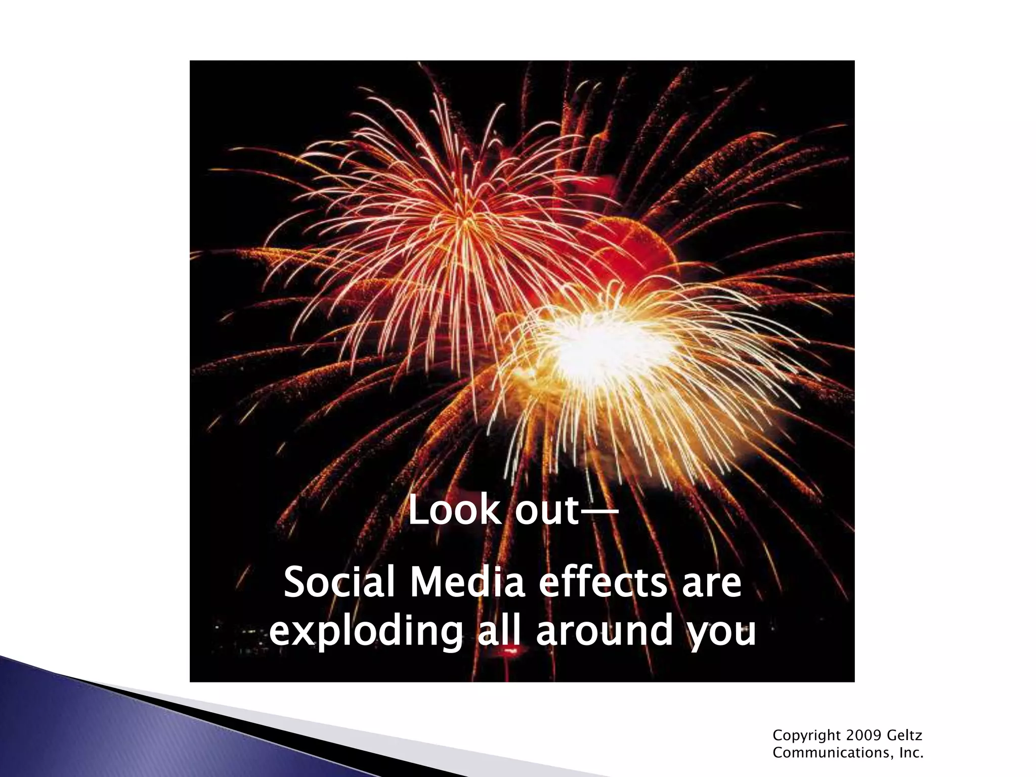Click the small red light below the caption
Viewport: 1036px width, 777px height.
506,656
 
